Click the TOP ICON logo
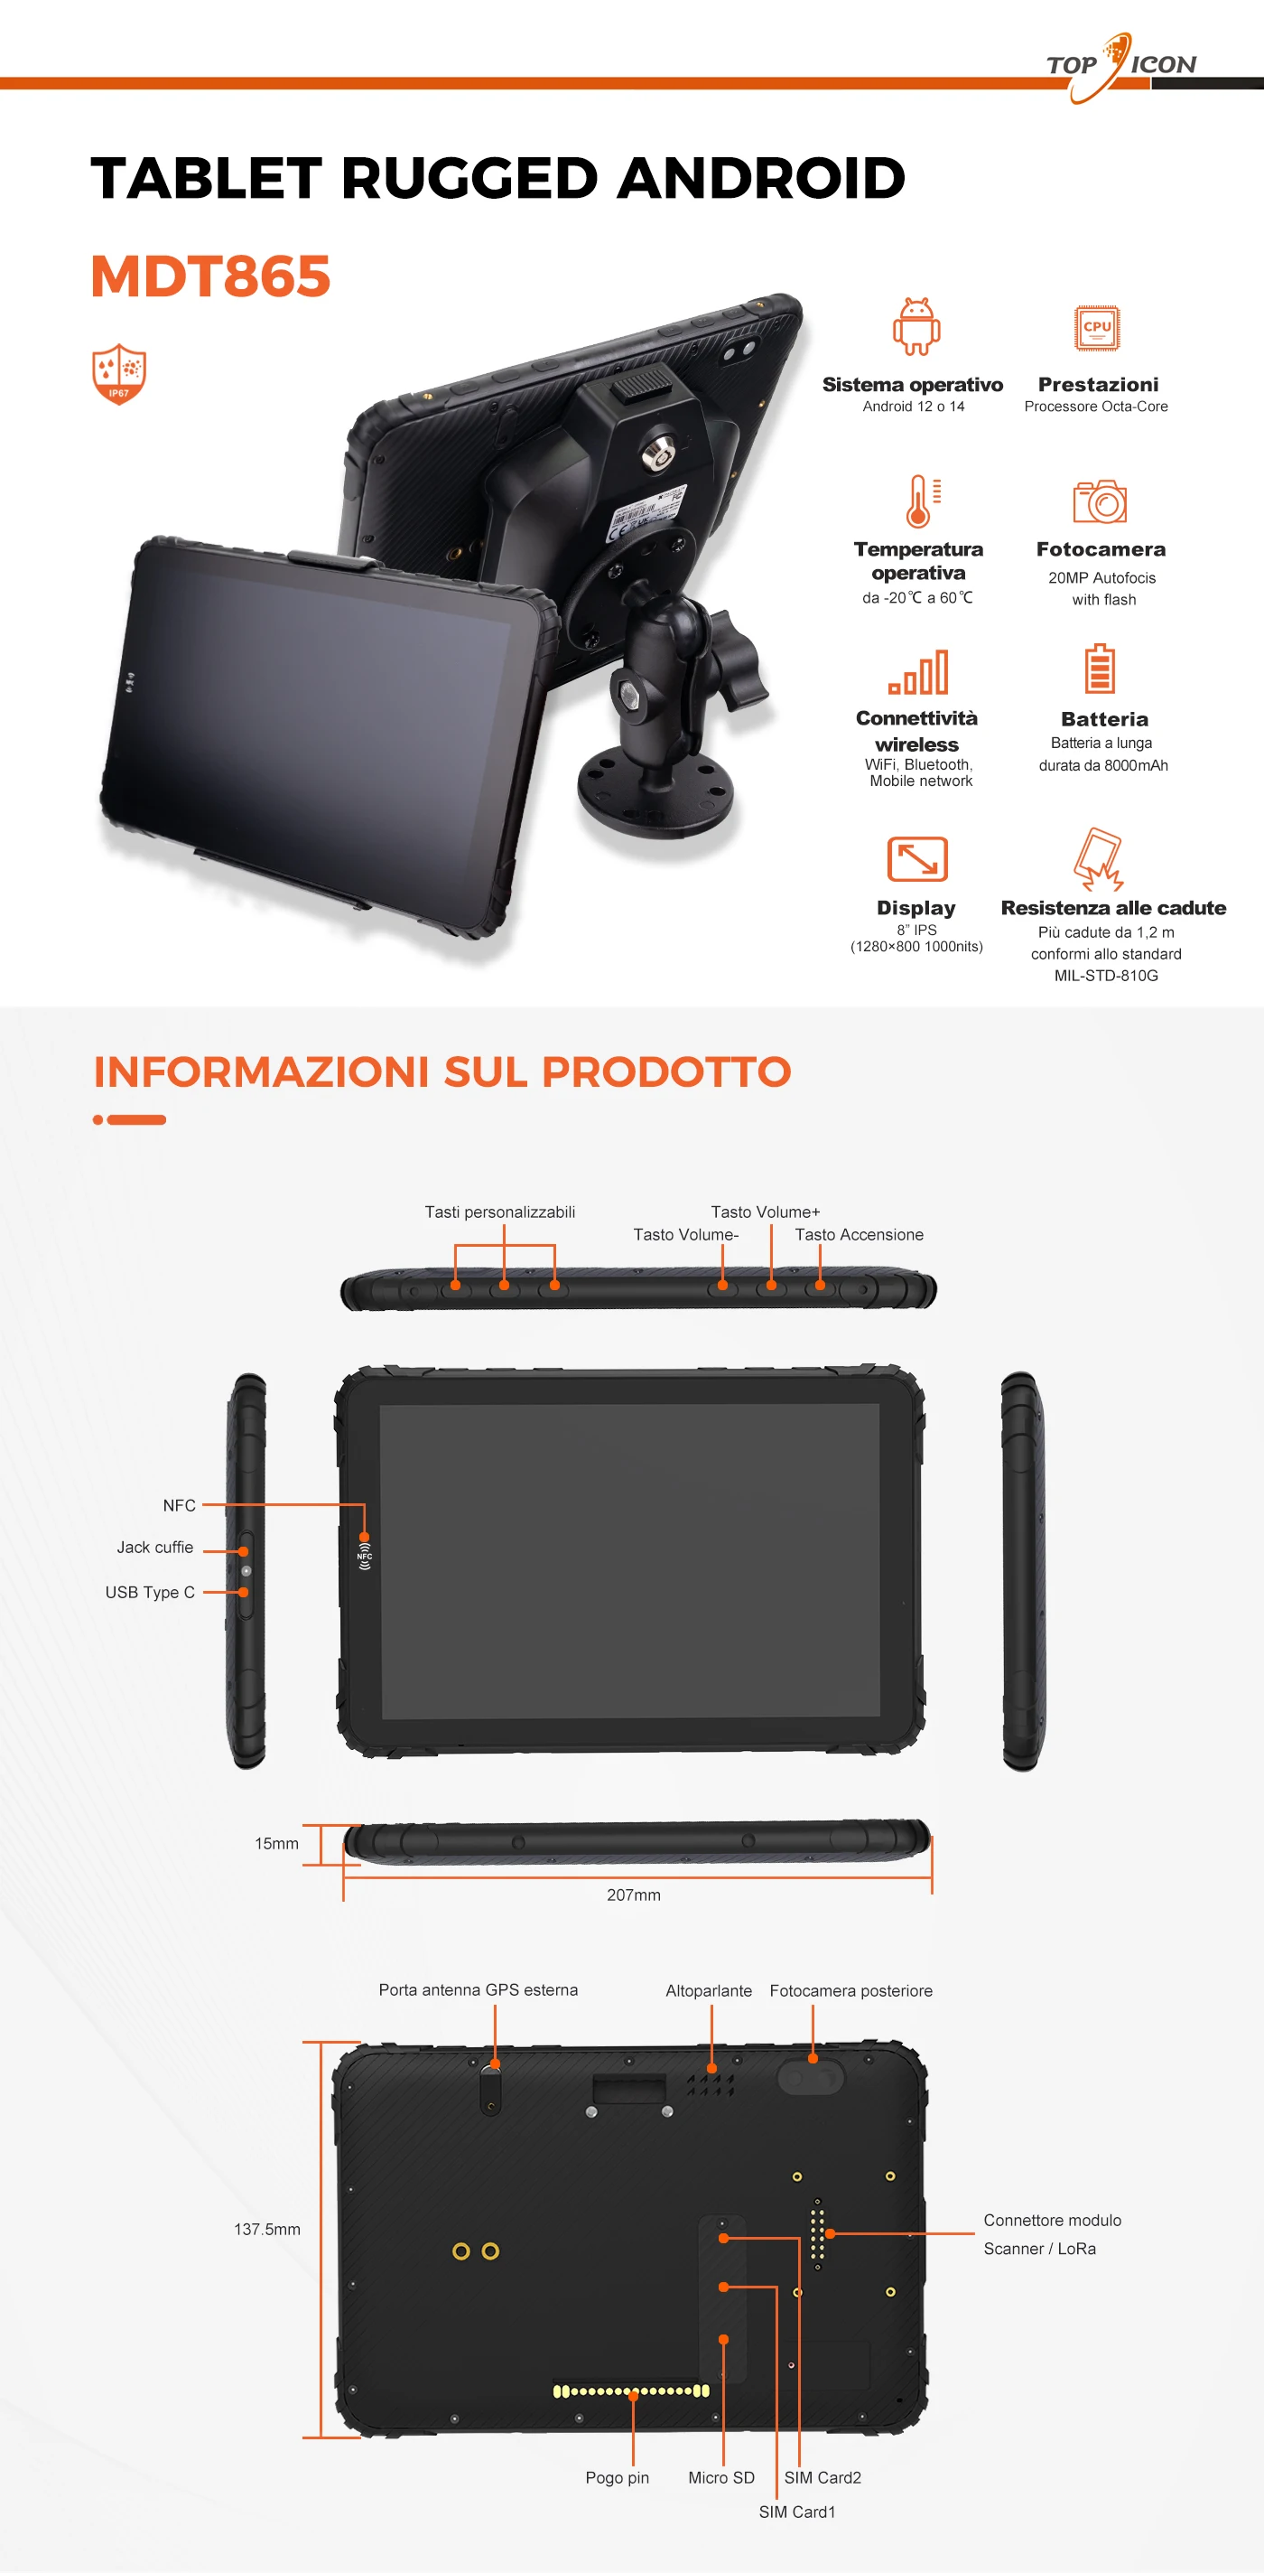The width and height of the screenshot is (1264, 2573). pos(1121,66)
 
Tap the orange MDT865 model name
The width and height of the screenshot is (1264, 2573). pos(210,276)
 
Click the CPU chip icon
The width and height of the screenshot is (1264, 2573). pos(1097,328)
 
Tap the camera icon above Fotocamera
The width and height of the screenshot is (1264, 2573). pos(1100,501)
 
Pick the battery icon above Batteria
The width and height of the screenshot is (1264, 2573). pos(1100,669)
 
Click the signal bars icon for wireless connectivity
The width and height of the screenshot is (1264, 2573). pos(918,671)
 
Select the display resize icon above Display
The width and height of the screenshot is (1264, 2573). pos(916,859)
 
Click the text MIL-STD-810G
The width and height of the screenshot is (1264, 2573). pos(1106,976)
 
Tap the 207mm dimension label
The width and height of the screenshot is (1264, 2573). pos(634,1895)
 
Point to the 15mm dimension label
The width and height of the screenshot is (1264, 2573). pos(276,1844)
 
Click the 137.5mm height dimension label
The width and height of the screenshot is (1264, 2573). pos(266,2230)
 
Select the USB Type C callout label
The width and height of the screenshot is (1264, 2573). pos(150,1592)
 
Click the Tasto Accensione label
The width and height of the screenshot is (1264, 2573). pos(859,1235)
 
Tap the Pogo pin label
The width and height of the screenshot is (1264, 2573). pos(617,2478)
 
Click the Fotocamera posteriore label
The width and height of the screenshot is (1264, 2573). pos(850,1990)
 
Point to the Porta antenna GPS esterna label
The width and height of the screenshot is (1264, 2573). pos(479,1989)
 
